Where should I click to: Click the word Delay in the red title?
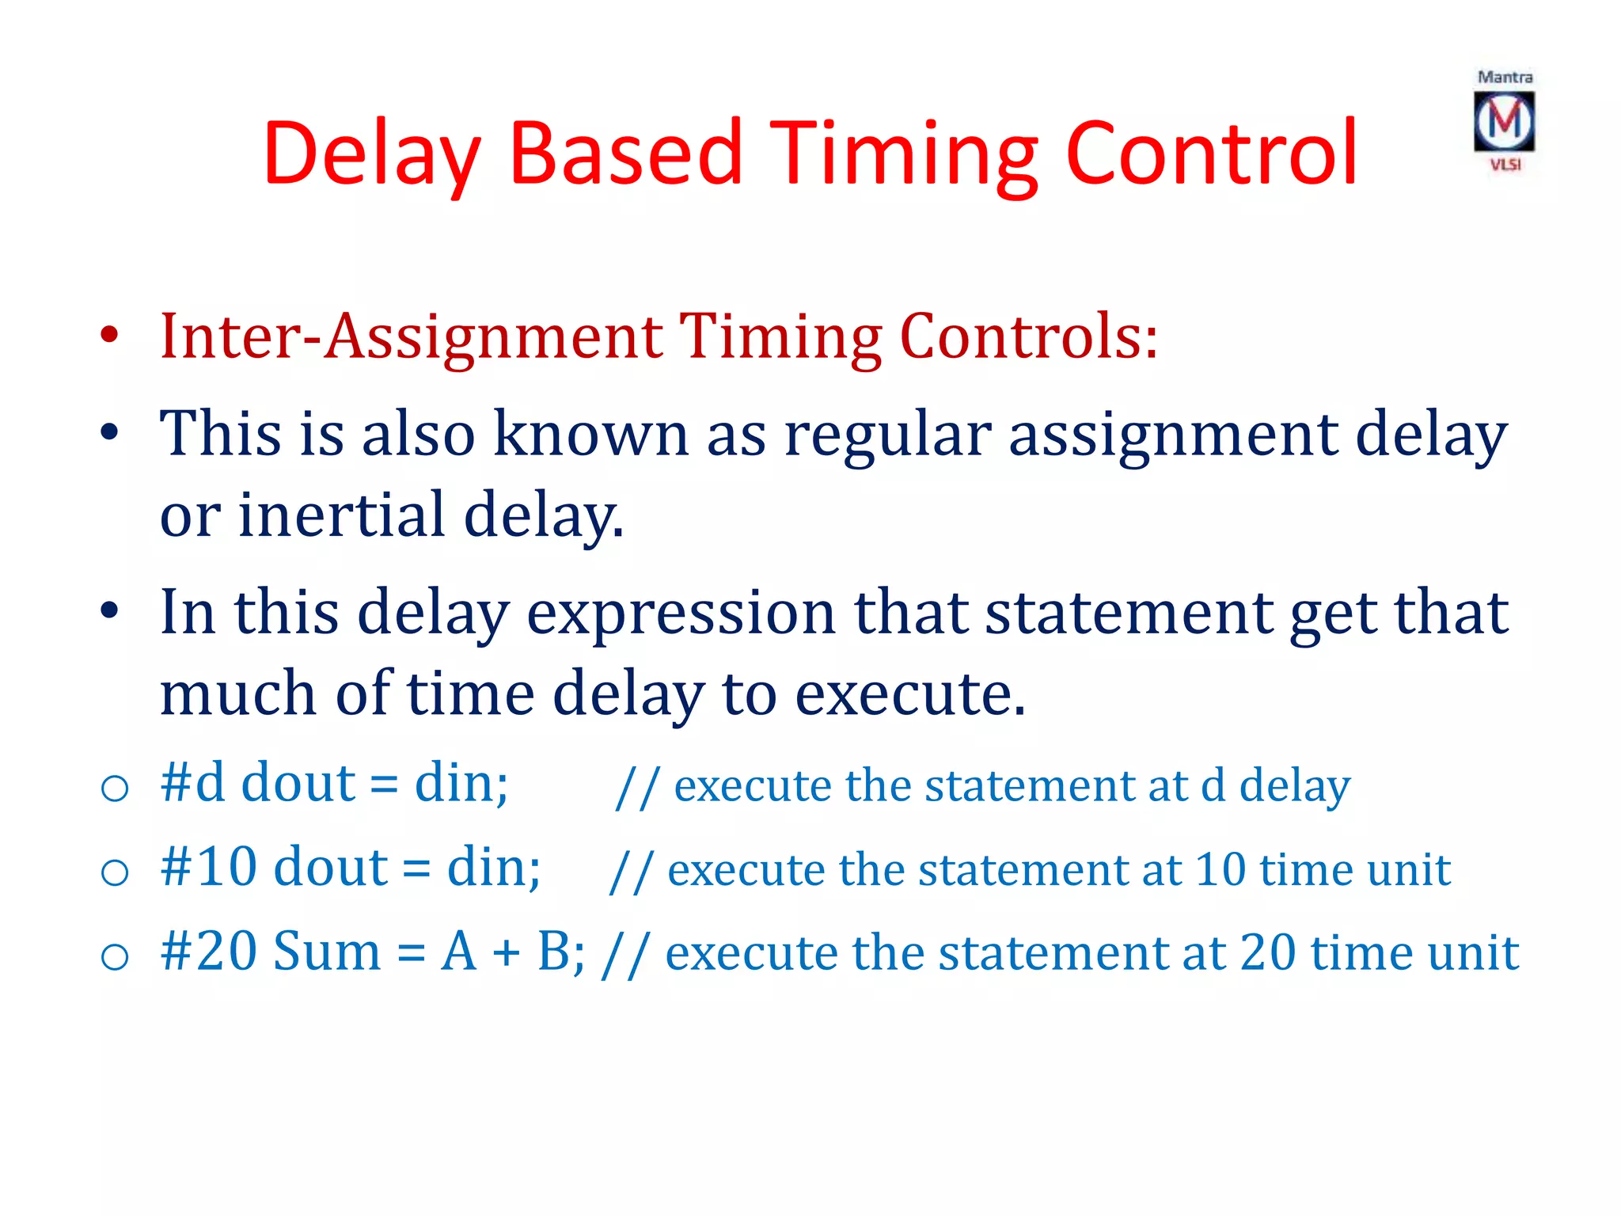tap(372, 154)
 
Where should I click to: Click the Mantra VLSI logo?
tap(1504, 121)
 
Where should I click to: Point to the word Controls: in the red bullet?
tap(1029, 336)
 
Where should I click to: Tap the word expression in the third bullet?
tap(681, 613)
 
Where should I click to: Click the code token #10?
tap(208, 867)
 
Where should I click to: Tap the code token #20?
tap(208, 951)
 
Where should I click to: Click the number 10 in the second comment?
tap(1220, 869)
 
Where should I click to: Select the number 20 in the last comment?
tap(1267, 952)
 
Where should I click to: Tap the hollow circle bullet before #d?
tap(116, 788)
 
